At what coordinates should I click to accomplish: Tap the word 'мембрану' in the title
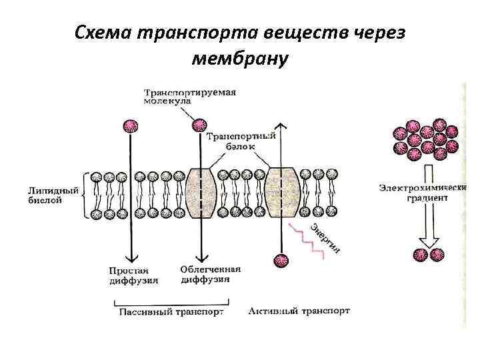click(240, 59)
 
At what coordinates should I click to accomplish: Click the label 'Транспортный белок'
click(239, 141)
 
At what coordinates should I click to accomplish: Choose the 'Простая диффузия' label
click(133, 275)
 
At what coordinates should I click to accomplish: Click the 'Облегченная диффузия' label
click(210, 275)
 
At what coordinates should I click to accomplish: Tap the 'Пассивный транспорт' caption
click(171, 311)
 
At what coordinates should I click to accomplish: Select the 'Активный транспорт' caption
click(299, 311)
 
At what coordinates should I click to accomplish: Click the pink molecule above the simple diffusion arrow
click(131, 127)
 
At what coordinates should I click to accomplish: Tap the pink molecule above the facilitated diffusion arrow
click(199, 125)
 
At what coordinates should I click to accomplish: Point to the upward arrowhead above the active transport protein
click(283, 127)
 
